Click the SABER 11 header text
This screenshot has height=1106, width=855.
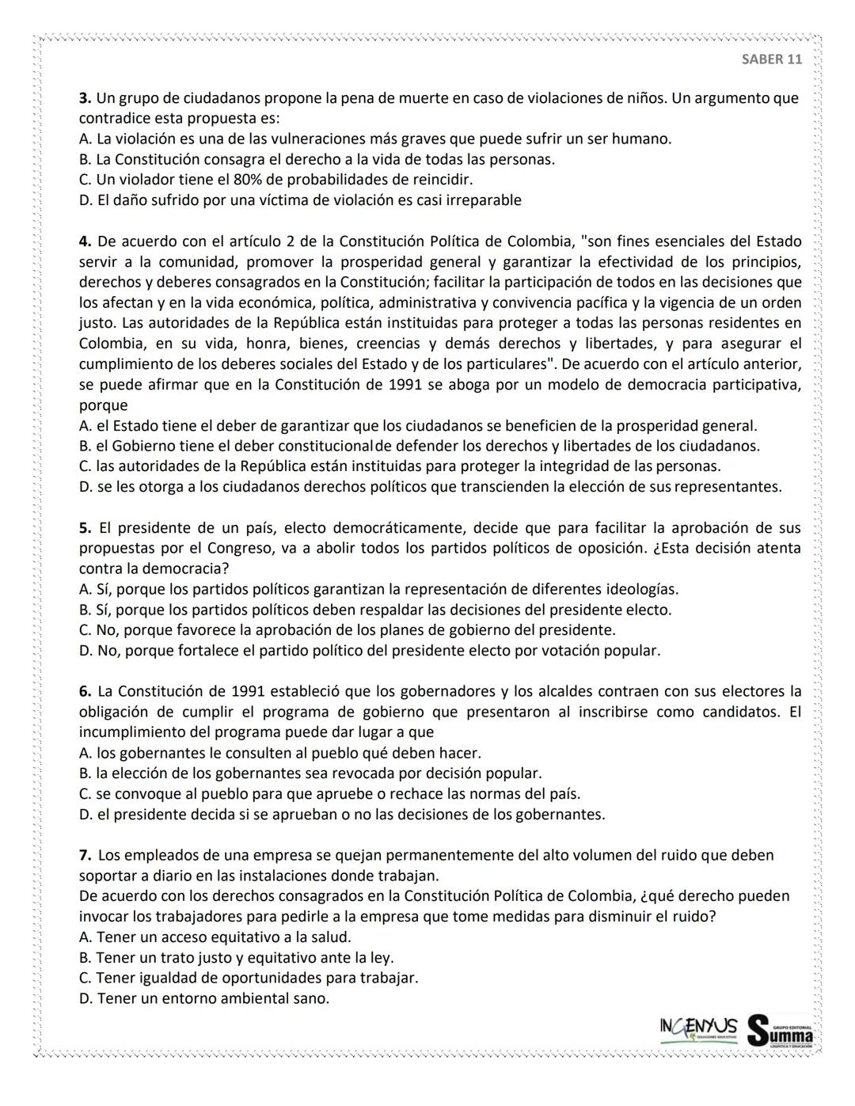[x=772, y=59]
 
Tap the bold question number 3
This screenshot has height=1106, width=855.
[x=85, y=98]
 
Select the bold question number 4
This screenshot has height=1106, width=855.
[x=85, y=241]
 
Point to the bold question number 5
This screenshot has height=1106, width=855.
[x=85, y=528]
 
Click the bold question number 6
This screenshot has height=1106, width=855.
[x=85, y=691]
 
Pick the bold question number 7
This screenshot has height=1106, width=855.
[x=85, y=855]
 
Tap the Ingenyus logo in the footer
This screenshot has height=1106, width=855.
[x=697, y=1028]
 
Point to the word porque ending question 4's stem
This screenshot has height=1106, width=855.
[x=103, y=405]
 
